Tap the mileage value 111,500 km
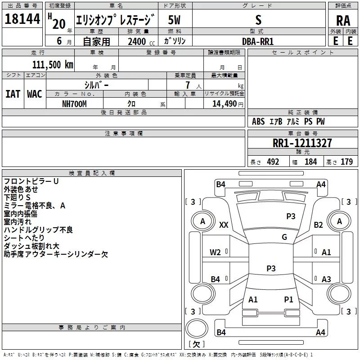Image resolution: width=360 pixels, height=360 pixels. tap(53, 64)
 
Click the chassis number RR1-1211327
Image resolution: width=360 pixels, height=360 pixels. tap(302, 143)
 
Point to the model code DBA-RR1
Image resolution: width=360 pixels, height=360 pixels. tap(257, 41)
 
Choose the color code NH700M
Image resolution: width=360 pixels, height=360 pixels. tap(74, 103)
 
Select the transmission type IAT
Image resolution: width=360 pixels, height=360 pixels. tap(13, 94)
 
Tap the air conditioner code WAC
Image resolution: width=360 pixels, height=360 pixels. tap(35, 94)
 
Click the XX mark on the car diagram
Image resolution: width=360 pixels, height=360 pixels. tap(224, 225)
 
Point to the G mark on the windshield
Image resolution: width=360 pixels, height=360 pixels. tap(284, 237)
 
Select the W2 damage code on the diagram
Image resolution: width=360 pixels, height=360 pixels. tap(216, 252)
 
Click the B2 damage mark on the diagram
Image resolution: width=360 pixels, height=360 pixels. tap(319, 225)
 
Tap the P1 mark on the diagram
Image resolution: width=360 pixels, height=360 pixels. tap(288, 299)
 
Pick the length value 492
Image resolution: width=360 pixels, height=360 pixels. tap(272, 162)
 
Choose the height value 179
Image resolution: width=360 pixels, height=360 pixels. tap(346, 162)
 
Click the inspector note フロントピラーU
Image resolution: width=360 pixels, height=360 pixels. tap(31, 181)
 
